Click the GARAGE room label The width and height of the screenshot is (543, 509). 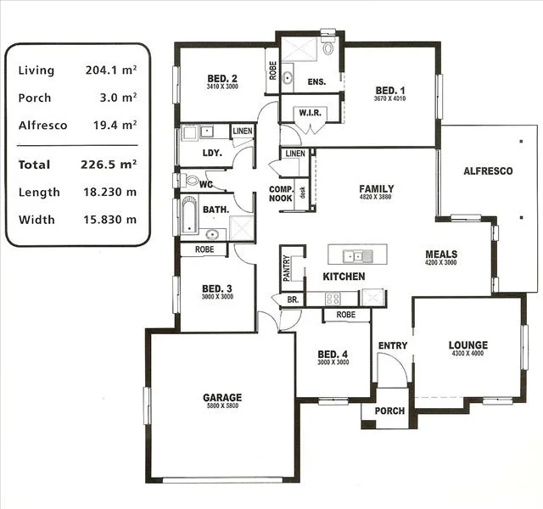coord(221,397)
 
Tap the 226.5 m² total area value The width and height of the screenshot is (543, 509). coord(111,165)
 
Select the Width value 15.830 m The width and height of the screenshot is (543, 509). coord(111,220)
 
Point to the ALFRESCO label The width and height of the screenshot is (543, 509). coord(488,171)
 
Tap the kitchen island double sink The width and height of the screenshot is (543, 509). coord(356,255)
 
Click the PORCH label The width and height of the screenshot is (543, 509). coord(390,411)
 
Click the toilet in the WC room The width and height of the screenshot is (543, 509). coord(191,181)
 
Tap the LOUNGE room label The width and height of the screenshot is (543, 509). coord(467,345)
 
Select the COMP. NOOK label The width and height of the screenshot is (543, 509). coord(281,193)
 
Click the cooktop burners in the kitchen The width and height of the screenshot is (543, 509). coord(333,299)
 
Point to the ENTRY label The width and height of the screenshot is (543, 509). coord(393,345)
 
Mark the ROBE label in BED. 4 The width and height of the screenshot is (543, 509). coord(345,315)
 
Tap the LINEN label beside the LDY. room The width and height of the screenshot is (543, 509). coord(242,131)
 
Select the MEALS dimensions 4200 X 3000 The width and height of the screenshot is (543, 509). coord(441,263)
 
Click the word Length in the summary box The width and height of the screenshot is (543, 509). coord(38,193)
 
